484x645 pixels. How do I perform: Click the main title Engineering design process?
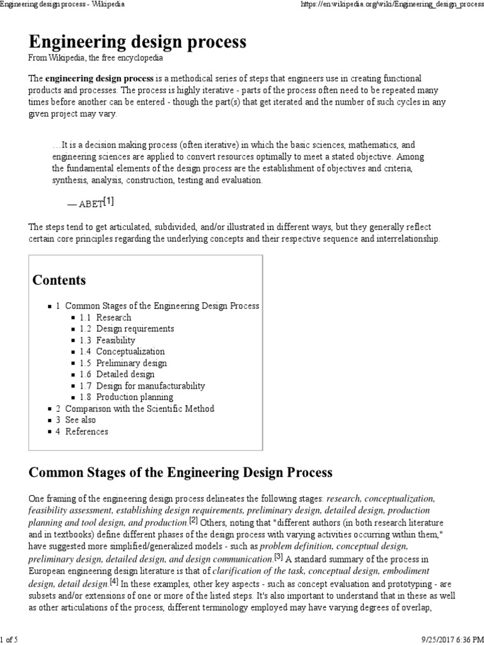(137, 42)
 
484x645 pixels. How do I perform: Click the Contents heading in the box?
(59, 280)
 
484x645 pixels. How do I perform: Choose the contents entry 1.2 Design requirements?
(127, 329)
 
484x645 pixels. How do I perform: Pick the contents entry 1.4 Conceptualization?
(122, 351)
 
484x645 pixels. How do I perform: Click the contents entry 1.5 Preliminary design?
(123, 363)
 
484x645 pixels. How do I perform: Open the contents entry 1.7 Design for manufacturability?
(142, 385)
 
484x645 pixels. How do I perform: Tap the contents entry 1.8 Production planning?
(126, 397)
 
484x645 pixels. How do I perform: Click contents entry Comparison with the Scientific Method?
(139, 409)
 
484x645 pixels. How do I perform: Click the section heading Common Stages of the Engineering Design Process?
(181, 472)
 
